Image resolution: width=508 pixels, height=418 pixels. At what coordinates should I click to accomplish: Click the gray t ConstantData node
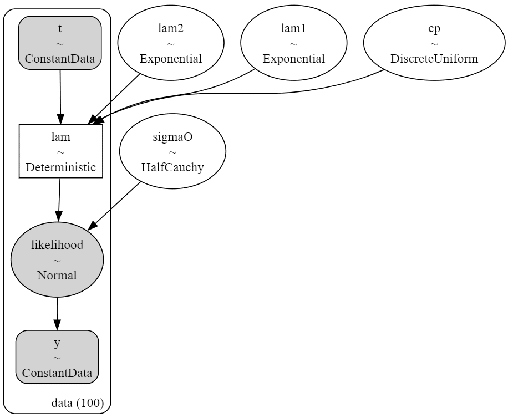pos(60,43)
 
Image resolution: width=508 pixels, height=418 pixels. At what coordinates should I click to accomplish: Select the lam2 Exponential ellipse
pos(171,43)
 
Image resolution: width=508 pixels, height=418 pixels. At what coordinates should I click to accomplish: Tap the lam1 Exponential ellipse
pos(294,43)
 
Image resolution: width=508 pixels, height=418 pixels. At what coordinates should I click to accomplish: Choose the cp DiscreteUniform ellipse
pos(434,43)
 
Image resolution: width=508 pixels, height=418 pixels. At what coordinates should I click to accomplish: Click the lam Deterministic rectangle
pos(61,151)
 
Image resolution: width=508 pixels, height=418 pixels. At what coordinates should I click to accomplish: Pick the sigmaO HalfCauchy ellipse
pos(172,151)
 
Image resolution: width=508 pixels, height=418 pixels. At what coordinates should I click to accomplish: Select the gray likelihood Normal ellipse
pos(57,259)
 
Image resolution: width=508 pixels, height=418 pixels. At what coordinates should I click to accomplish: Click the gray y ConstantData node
pos(57,357)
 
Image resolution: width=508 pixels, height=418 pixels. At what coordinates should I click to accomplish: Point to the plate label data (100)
pos(78,403)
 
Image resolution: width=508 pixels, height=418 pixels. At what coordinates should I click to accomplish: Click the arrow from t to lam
pos(60,97)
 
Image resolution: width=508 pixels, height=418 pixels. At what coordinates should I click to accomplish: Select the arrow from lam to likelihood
pos(59,200)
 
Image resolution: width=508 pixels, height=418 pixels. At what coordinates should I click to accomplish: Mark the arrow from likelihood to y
pos(57,314)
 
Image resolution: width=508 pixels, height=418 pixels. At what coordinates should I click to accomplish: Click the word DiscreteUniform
pos(434,59)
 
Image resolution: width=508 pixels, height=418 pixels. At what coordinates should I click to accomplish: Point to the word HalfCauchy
pos(172,167)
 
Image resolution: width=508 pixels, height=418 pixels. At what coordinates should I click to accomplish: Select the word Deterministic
pos(61,167)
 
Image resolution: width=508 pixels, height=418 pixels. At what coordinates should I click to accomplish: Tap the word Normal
pos(57,276)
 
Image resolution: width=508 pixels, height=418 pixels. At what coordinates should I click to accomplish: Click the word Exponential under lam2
pos(171,59)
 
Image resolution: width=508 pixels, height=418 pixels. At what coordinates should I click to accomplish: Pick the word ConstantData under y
pos(57,373)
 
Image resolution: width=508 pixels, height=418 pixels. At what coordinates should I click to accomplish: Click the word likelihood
pos(57,245)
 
